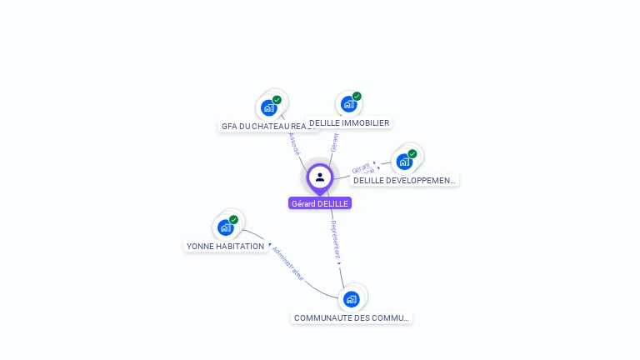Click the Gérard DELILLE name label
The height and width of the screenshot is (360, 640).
tap(320, 203)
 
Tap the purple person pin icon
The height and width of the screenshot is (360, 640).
tap(320, 177)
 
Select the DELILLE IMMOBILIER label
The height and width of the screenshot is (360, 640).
tap(349, 122)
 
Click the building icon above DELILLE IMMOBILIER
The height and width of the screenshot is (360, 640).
tap(348, 105)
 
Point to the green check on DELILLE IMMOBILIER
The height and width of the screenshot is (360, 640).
tap(357, 97)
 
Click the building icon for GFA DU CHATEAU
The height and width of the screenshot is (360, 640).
tap(268, 107)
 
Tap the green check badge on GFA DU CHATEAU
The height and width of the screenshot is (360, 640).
tap(277, 100)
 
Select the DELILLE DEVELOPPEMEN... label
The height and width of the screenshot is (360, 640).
tap(404, 180)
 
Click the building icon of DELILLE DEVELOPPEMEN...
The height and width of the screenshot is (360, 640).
tap(404, 162)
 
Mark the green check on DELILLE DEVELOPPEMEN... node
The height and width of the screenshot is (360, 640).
tap(412, 154)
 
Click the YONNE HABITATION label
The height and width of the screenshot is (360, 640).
tap(225, 246)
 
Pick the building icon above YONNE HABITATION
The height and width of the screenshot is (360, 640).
tap(225, 227)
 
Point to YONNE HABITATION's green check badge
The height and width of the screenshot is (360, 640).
tap(233, 220)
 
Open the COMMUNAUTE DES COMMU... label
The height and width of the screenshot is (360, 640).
tap(352, 317)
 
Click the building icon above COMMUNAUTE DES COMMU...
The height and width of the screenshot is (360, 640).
tap(351, 299)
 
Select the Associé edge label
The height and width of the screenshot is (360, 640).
tap(293, 143)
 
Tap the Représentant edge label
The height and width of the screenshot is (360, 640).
tap(335, 239)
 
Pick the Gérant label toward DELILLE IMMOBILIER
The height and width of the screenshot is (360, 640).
tap(334, 142)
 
